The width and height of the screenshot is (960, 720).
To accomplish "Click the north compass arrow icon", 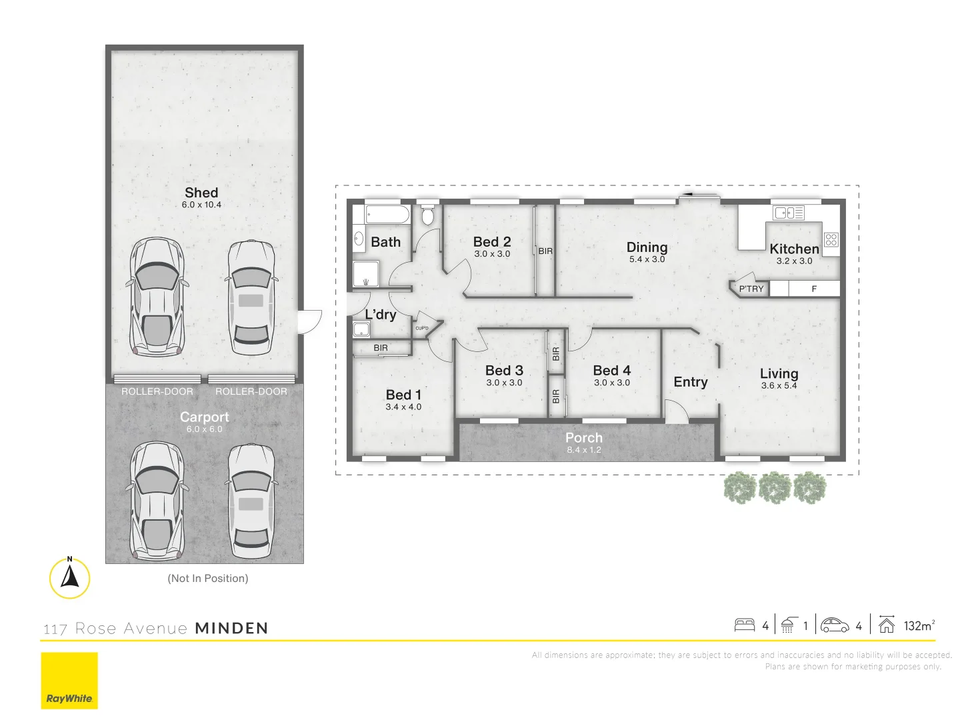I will tap(69, 577).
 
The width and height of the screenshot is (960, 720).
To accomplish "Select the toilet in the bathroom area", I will tap(427, 215).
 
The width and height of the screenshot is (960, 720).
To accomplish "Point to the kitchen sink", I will tap(788, 213).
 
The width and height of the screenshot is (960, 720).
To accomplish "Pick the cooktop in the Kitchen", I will tap(831, 239).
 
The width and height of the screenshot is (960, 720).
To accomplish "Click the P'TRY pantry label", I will tap(751, 289).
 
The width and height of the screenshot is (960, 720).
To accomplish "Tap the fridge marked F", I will tap(814, 289).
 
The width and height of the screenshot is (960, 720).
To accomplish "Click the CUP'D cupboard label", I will tap(422, 328).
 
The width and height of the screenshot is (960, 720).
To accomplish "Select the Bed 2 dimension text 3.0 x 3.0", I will tap(492, 254).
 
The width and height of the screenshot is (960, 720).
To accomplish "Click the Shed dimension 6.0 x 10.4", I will tap(201, 205).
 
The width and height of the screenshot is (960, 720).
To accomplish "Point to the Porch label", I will tap(584, 438).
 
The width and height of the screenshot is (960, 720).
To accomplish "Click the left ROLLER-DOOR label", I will tap(157, 391).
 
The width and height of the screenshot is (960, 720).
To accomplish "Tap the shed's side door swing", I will tap(309, 322).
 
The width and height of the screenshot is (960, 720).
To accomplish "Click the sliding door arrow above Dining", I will tap(699, 195).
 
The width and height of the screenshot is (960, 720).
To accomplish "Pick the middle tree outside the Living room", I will tap(775, 487).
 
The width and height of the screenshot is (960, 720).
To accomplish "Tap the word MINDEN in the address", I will tap(231, 628).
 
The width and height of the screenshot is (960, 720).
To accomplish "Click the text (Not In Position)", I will tap(208, 578).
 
